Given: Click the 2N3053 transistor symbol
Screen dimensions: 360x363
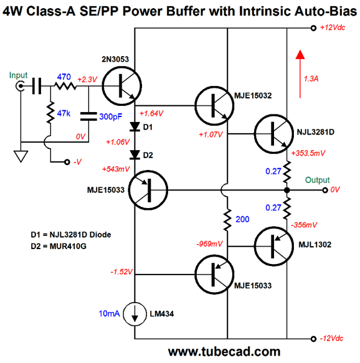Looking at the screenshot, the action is tap(122, 86).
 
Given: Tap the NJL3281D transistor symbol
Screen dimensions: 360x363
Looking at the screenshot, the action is tap(274, 134).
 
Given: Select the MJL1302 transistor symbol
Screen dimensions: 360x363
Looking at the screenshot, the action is tap(274, 247).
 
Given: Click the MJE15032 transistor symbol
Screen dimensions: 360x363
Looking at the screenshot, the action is tap(214, 106).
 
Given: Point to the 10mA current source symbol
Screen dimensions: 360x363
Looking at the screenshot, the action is tap(135, 314).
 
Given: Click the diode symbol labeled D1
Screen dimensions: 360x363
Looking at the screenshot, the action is tap(135, 127).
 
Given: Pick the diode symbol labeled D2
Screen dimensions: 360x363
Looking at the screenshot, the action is tap(135, 154).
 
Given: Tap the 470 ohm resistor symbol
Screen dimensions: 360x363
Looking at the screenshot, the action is tap(65, 86).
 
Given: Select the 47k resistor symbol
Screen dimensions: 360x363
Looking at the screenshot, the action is tap(50, 113).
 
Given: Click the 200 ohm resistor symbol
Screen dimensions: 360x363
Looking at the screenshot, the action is tap(227, 219).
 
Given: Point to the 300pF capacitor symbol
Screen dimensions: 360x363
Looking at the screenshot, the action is tap(88, 116).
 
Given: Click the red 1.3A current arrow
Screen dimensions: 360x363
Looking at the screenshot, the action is tap(300, 74).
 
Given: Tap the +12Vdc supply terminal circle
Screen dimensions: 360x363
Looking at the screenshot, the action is tap(313, 28).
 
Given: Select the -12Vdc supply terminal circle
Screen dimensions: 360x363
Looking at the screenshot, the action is tap(313, 339).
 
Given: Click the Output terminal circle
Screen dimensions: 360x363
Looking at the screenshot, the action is tap(325, 190).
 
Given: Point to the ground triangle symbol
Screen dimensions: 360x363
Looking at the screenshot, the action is tap(21, 156).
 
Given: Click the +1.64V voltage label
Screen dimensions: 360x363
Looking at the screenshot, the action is tap(151, 113).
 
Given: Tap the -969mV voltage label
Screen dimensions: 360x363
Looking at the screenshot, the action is tap(209, 243).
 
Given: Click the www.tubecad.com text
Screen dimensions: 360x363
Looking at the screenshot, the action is tap(224, 352).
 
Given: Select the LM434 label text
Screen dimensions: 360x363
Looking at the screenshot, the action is tap(161, 314).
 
